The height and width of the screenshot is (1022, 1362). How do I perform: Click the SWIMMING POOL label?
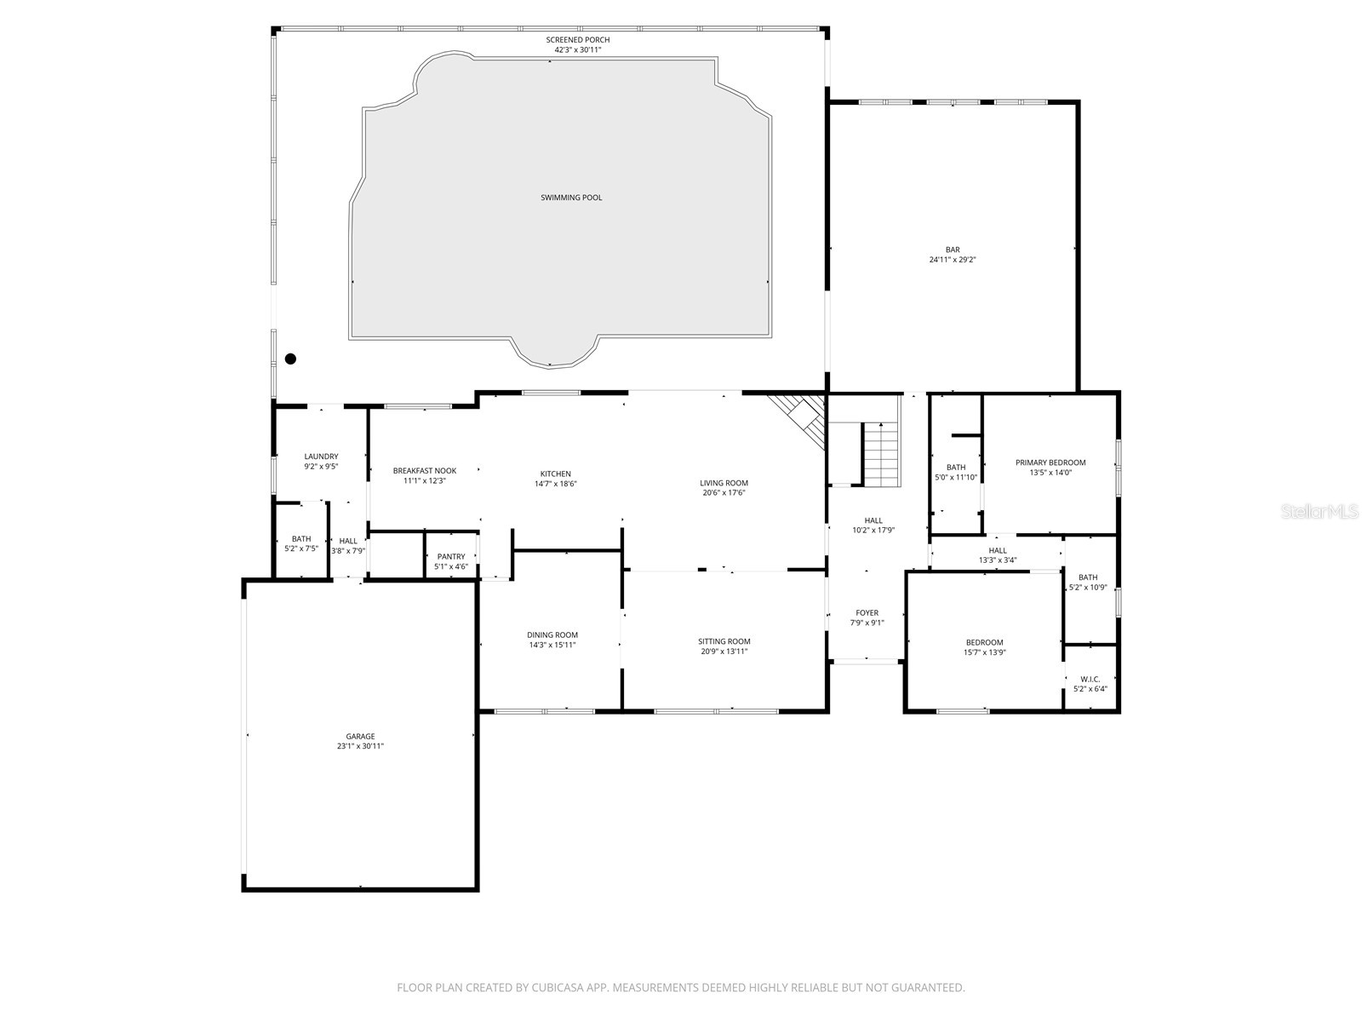click(571, 198)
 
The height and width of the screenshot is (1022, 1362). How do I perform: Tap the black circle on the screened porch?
click(290, 359)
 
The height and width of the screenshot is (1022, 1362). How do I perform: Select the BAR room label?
click(952, 250)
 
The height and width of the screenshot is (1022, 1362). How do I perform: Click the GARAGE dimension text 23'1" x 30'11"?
click(360, 746)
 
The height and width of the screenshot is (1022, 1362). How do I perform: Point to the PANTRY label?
click(451, 557)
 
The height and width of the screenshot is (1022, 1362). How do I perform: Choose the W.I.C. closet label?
click(1090, 679)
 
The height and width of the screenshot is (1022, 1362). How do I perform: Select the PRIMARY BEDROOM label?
click(1050, 462)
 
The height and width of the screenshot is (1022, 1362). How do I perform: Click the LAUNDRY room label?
click(321, 456)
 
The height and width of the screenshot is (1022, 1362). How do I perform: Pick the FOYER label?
click(867, 612)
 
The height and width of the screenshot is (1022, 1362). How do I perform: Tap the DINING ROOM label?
click(552, 634)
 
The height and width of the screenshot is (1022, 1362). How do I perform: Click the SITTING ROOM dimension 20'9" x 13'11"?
click(724, 652)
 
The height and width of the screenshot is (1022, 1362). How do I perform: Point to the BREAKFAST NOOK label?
click(424, 471)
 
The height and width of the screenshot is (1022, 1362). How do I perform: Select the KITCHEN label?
click(555, 474)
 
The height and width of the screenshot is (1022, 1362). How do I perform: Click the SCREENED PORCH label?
click(577, 40)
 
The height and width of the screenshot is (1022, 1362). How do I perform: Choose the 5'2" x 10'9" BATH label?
click(1087, 577)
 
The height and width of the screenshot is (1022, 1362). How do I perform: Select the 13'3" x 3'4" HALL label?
click(998, 550)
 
